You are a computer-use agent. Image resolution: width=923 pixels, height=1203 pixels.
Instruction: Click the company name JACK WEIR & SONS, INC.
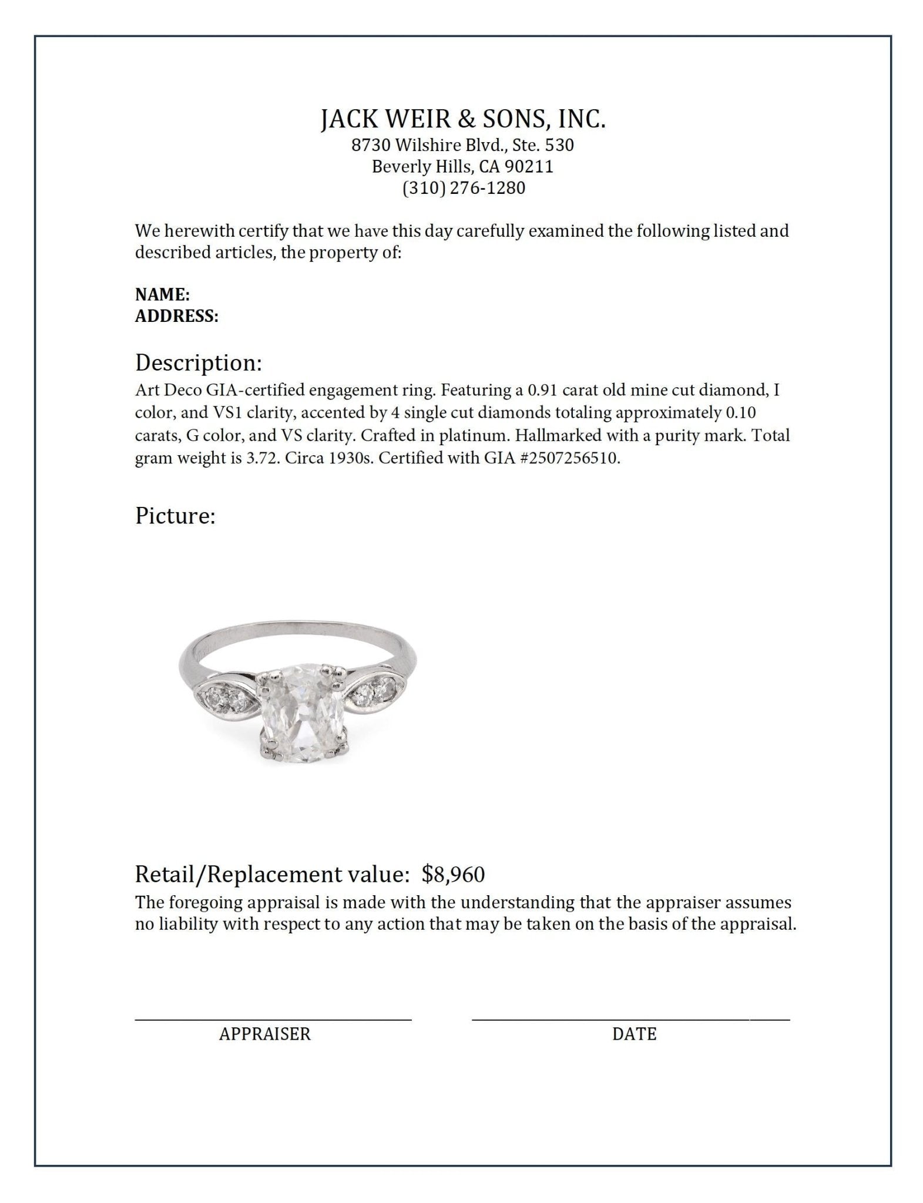463,119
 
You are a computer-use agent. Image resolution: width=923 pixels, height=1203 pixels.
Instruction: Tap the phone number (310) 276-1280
463,188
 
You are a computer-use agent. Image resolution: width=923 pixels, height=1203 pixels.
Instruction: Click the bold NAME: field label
162,295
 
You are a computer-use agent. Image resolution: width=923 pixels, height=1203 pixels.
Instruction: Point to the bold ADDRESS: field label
177,317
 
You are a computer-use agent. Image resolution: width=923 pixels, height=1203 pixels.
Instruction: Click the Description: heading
199,363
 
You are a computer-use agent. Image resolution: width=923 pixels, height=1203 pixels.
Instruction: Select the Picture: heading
175,516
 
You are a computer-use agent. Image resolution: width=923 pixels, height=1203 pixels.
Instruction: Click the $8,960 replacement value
453,875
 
